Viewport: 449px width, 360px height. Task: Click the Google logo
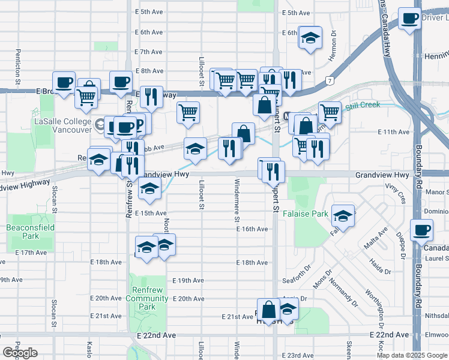click(20, 353)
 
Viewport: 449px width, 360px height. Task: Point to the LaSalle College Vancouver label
click(63, 125)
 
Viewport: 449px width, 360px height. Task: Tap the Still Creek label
click(363, 105)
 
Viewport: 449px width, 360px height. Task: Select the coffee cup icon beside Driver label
click(410, 19)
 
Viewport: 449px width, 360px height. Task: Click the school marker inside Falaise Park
click(343, 216)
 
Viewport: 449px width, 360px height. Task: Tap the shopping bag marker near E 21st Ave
click(269, 310)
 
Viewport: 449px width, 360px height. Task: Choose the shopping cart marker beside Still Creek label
click(330, 112)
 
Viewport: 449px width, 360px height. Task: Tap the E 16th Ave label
click(252, 229)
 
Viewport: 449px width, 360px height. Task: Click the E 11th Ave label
click(393, 132)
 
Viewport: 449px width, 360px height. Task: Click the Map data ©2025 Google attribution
click(412, 355)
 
